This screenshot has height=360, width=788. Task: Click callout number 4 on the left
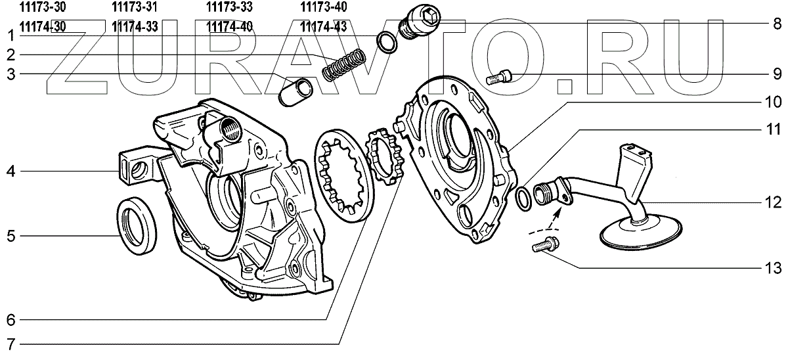point(10,172)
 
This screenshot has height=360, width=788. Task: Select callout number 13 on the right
point(776,269)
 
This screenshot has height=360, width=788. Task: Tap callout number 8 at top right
point(777,24)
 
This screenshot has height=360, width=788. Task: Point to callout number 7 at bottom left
point(10,344)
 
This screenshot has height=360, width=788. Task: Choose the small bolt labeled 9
point(500,78)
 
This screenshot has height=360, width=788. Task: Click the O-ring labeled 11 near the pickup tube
point(525,198)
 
